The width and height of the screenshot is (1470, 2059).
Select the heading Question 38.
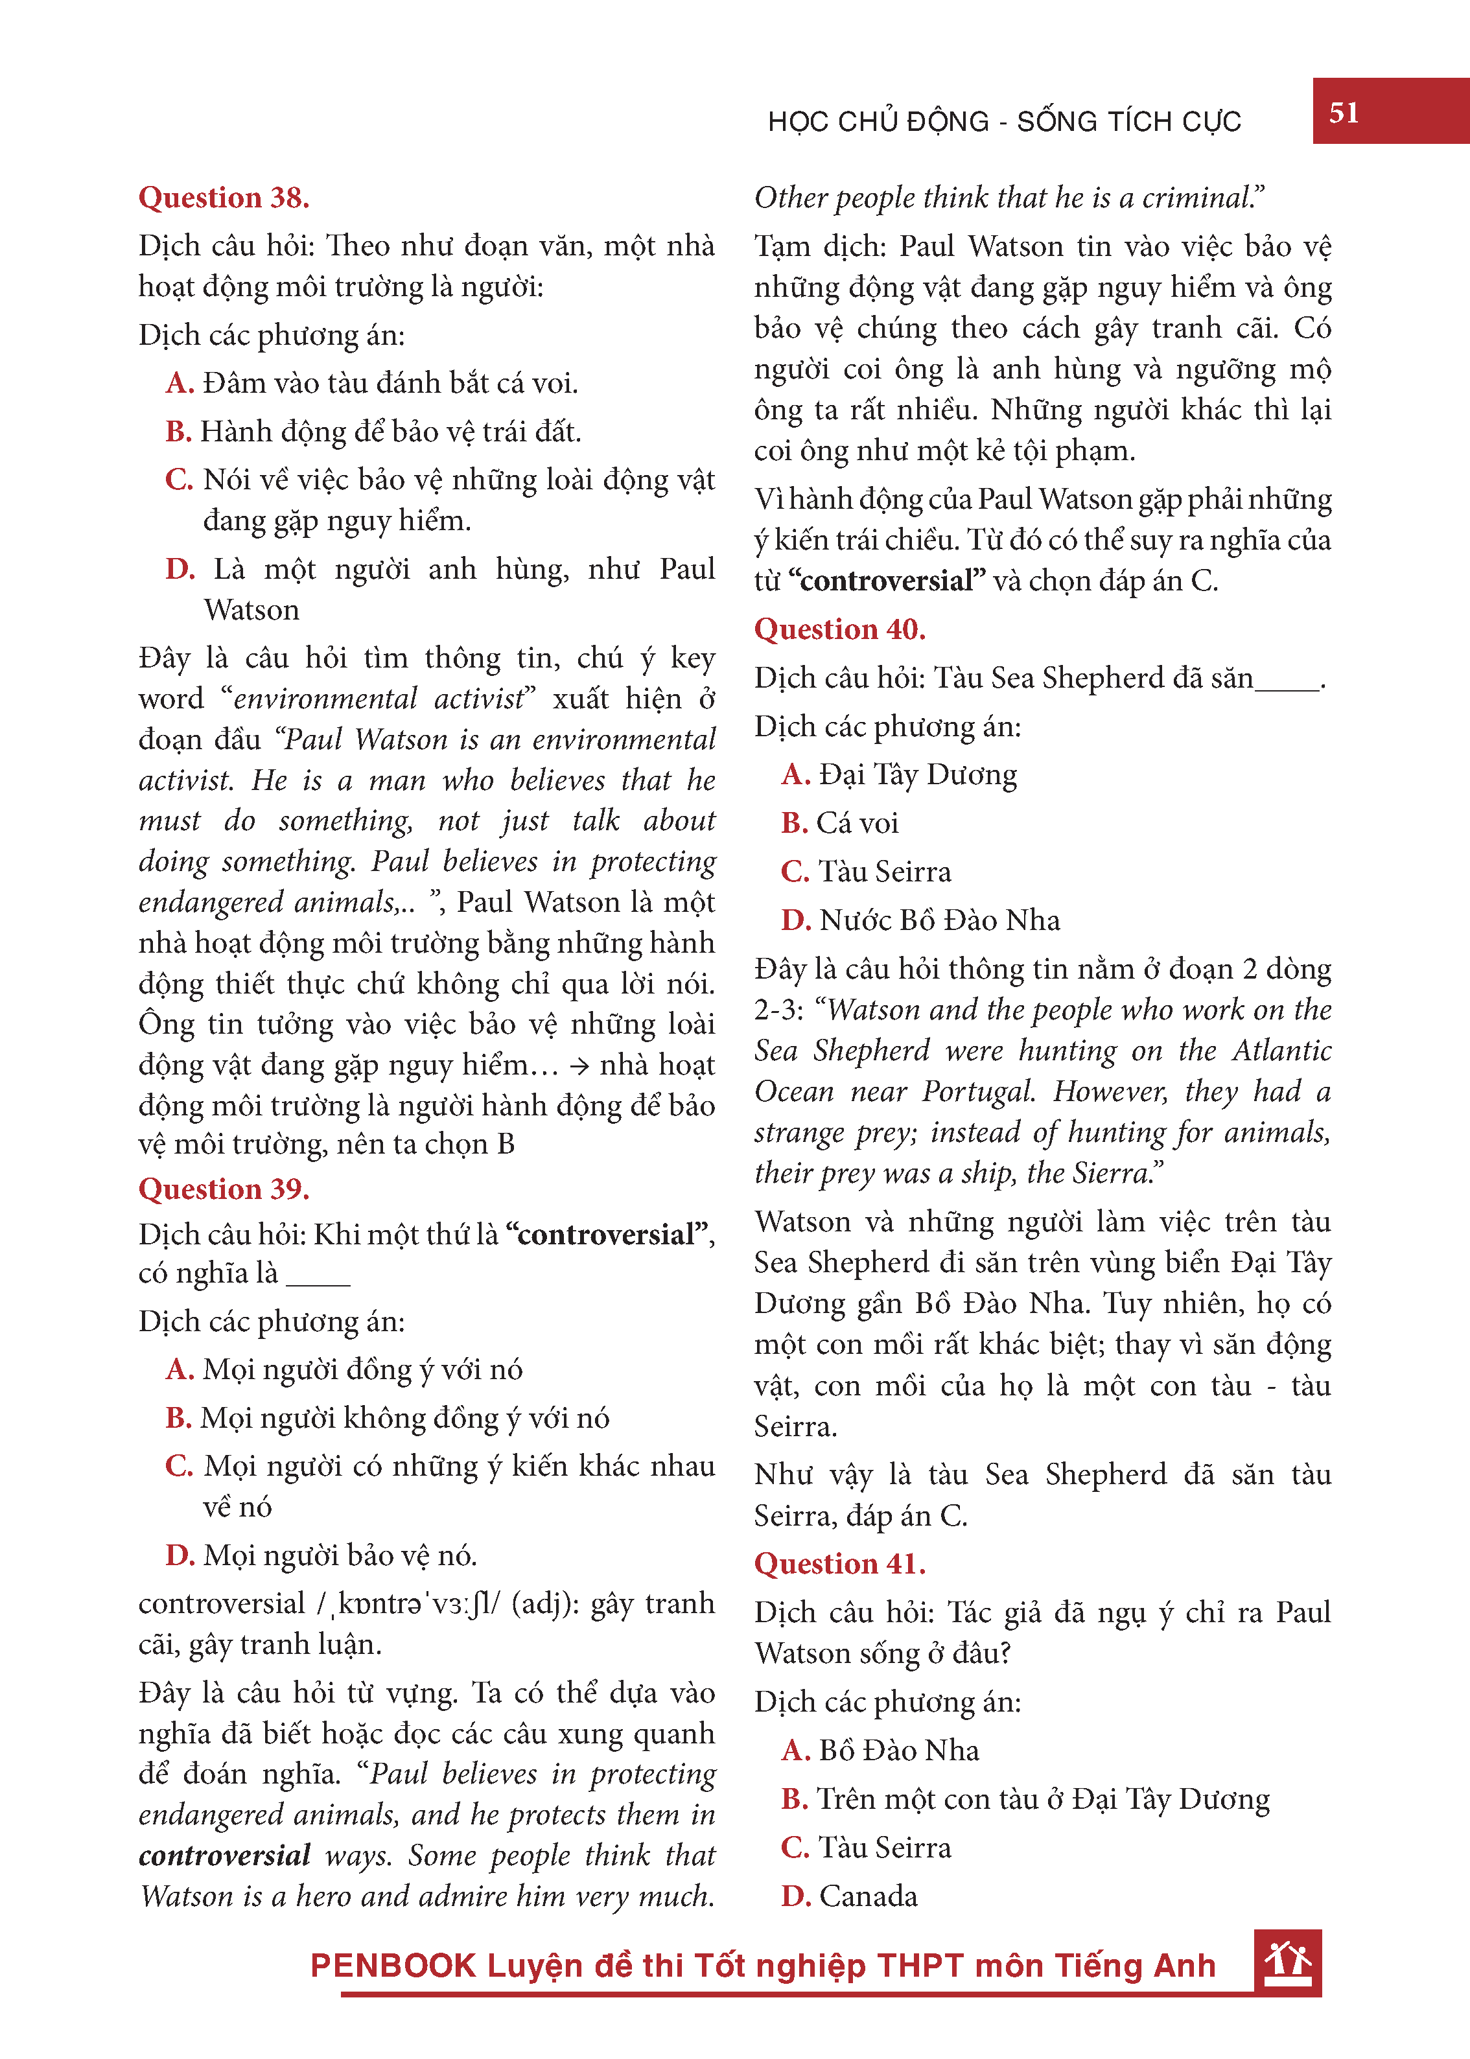(224, 197)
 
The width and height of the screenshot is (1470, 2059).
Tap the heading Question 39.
(224, 1189)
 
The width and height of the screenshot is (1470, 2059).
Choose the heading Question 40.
(839, 629)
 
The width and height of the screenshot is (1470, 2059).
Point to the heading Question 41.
(839, 1564)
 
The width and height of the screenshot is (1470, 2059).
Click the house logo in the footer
(1287, 1962)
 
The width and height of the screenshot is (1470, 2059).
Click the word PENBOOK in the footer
(393, 1966)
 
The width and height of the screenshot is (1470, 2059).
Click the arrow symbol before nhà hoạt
(579, 1066)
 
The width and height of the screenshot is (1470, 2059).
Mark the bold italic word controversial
(224, 1855)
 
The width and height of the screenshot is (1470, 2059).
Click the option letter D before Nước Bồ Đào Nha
(795, 920)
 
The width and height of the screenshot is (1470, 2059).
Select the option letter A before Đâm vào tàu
(180, 384)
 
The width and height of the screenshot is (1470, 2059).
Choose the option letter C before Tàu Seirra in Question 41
(795, 1847)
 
